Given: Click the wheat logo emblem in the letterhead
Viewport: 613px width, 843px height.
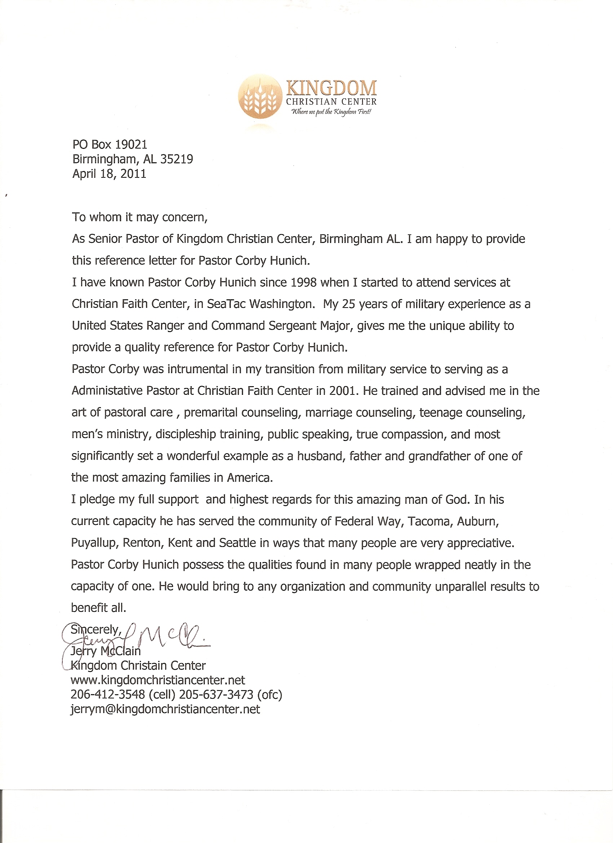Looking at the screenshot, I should point(260,97).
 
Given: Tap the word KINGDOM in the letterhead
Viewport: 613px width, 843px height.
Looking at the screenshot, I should point(331,88).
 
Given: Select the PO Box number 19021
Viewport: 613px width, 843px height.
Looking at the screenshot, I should point(131,145).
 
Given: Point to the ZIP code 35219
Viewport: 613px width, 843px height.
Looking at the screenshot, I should point(177,159).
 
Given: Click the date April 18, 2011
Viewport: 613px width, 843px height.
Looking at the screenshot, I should point(109,173).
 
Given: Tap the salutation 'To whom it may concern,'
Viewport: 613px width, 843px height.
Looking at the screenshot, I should point(140,217).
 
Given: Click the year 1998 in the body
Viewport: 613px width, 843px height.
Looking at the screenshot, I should point(303,282).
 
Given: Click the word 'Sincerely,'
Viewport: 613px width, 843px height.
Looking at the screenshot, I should point(96,630).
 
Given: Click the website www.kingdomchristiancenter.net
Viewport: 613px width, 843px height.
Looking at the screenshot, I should point(158,680).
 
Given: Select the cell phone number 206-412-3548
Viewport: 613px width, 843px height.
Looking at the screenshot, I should point(108,695).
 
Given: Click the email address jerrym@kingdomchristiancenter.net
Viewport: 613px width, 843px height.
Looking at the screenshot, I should point(165,709).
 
